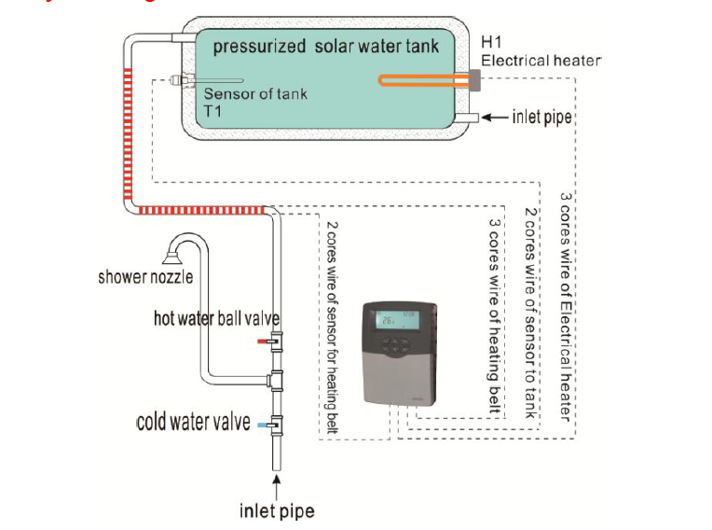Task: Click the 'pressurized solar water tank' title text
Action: pos(325,46)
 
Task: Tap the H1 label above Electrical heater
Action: pos(491,42)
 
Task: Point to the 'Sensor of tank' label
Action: pos(255,93)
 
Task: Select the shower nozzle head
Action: pos(173,252)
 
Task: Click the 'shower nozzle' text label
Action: pos(145,277)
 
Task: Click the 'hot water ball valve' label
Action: pos(216,319)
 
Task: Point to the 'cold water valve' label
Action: pos(193,423)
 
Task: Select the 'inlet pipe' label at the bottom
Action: pos(277,510)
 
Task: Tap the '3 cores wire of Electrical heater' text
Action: pos(565,307)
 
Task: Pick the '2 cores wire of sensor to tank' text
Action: pos(531,313)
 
